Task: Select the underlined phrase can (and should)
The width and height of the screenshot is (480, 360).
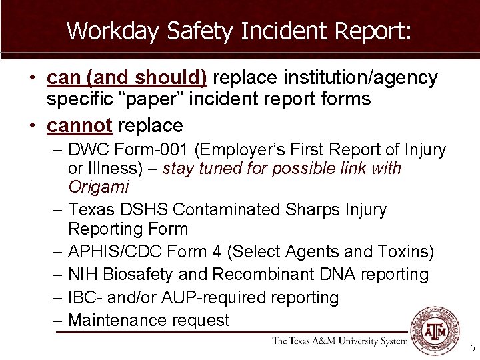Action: coord(127,79)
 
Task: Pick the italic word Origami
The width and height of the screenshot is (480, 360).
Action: coord(99,187)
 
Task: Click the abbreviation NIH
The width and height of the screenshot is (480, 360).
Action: coord(83,275)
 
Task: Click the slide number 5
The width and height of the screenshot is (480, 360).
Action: coord(472,348)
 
